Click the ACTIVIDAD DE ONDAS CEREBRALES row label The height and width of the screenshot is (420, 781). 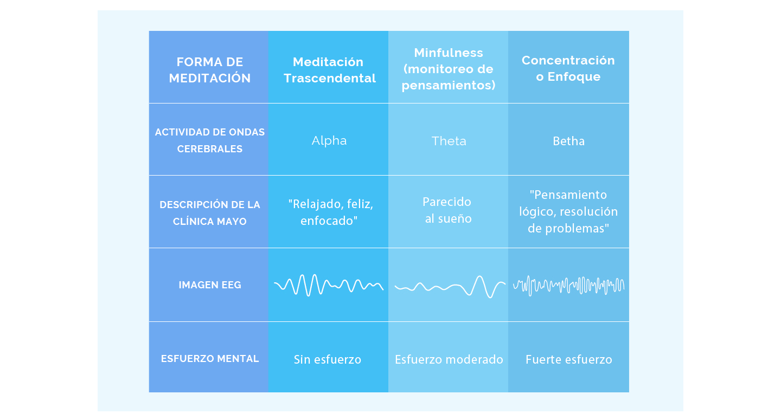click(x=209, y=140)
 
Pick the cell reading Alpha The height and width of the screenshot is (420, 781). click(x=329, y=140)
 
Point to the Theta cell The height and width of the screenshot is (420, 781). click(x=449, y=141)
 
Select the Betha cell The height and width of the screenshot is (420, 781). click(x=568, y=141)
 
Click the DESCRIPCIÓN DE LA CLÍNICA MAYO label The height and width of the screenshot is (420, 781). click(x=209, y=213)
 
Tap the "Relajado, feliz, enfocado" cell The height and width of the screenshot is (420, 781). click(x=330, y=212)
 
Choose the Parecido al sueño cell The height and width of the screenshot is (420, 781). click(x=447, y=210)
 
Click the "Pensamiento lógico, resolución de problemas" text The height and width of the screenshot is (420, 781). click(x=568, y=211)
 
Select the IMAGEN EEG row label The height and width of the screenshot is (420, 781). click(x=209, y=285)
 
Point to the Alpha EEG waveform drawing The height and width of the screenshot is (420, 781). click(x=329, y=285)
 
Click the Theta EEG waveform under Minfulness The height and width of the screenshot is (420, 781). click(x=450, y=287)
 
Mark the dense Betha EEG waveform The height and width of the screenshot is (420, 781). click(x=568, y=286)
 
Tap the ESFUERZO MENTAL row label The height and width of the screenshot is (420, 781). click(x=209, y=358)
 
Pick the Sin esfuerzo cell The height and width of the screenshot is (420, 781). click(x=328, y=359)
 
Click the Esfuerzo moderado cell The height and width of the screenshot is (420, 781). click(x=449, y=359)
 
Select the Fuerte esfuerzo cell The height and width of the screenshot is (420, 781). click(x=568, y=359)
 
